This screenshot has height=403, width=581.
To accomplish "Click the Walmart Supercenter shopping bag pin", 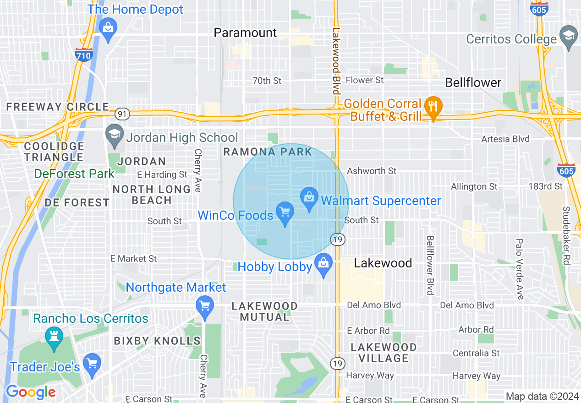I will pyautogui.click(x=309, y=198).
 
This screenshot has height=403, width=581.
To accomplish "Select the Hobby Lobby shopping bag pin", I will pyautogui.click(x=323, y=264).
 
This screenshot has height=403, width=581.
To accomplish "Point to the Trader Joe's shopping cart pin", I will pyautogui.click(x=93, y=364).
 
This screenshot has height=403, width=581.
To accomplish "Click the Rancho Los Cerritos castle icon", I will pyautogui.click(x=54, y=337).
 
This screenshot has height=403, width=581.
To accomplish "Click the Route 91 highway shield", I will pyautogui.click(x=122, y=114).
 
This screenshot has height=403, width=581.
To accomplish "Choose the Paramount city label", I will pyautogui.click(x=246, y=33).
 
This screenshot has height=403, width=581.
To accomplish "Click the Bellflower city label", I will pyautogui.click(x=473, y=83).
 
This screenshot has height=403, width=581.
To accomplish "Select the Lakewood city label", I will pyautogui.click(x=383, y=263).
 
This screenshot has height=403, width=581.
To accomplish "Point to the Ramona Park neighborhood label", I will pyautogui.click(x=268, y=152).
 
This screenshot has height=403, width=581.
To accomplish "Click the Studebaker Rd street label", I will pyautogui.click(x=566, y=235).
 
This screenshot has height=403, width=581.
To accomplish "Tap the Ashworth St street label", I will pyautogui.click(x=372, y=171).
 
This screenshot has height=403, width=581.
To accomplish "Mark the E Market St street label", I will pyautogui.click(x=134, y=259).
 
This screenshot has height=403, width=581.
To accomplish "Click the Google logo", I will pyautogui.click(x=31, y=392).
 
